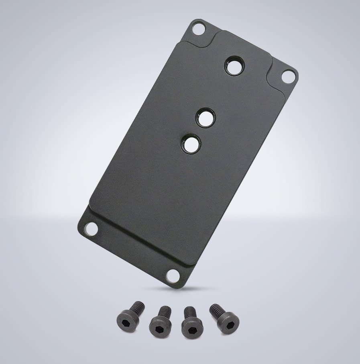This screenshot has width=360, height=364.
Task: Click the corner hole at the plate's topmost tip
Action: tap(198, 28)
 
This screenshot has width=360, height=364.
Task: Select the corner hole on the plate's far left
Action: tap(92, 229)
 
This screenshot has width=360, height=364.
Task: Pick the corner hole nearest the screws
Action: tap(173, 275)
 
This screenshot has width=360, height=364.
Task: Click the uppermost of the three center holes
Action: tap(234, 66)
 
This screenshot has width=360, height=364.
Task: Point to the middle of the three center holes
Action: tap(205, 118)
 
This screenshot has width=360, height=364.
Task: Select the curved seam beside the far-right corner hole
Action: tap(275, 70)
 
